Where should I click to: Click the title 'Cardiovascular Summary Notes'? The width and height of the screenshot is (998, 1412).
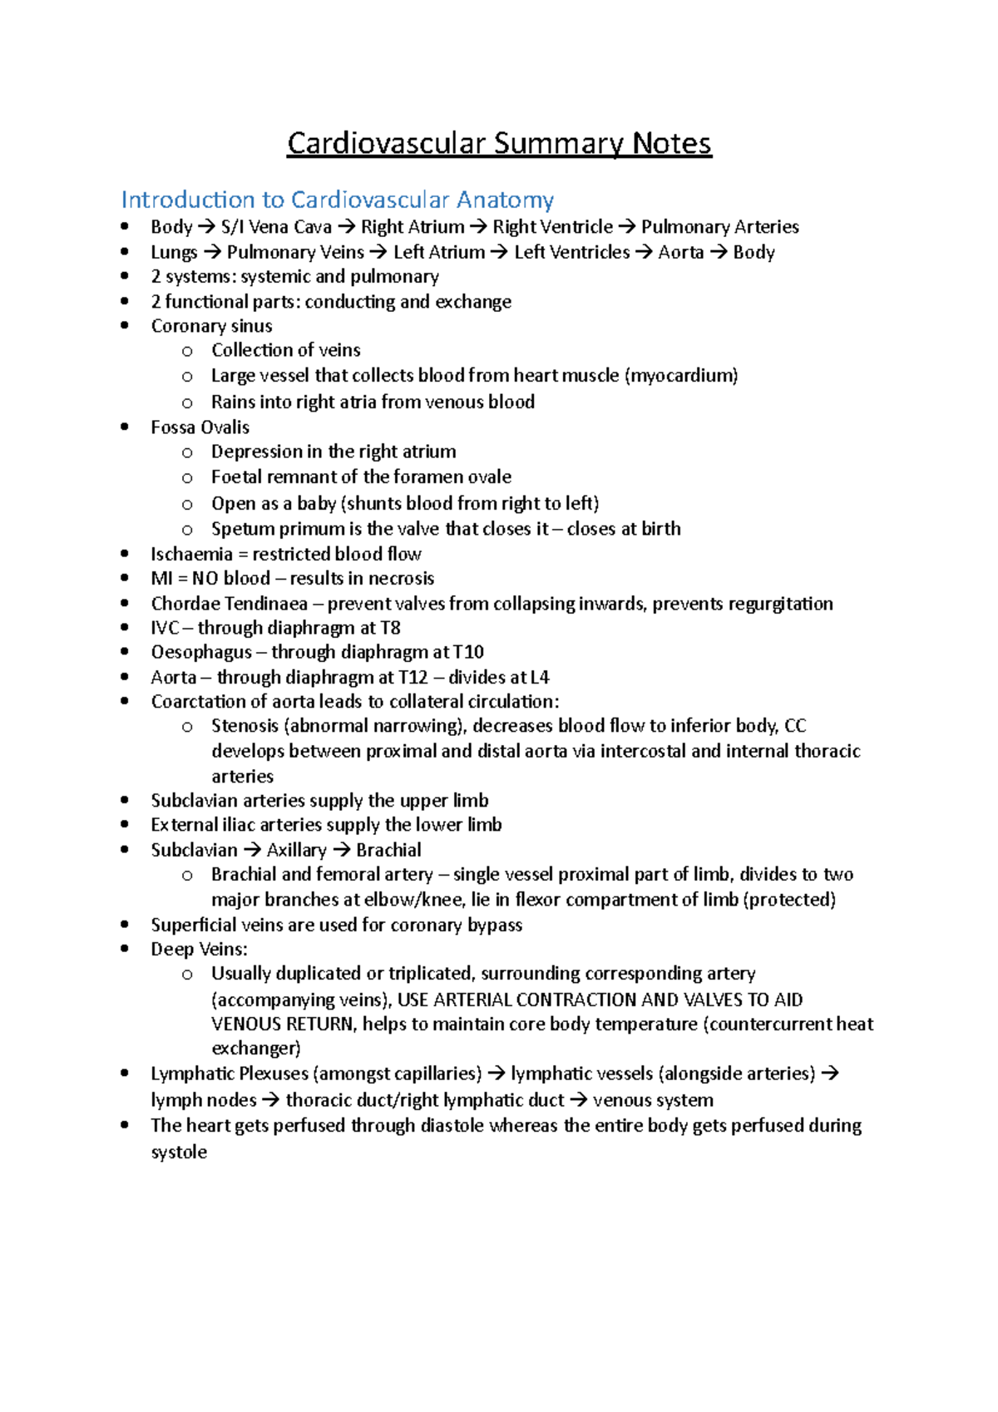pyautogui.click(x=499, y=143)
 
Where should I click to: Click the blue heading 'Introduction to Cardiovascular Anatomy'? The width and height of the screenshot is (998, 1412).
pyautogui.click(x=337, y=200)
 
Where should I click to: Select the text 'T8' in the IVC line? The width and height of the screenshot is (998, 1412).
pyautogui.click(x=390, y=628)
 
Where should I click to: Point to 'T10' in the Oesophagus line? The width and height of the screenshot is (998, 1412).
pyautogui.click(x=468, y=652)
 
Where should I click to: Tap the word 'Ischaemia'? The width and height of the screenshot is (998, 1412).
pyautogui.click(x=191, y=554)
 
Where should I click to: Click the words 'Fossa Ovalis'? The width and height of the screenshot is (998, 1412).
pyautogui.click(x=200, y=427)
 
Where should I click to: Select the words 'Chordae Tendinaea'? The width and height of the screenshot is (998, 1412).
pyautogui.click(x=229, y=604)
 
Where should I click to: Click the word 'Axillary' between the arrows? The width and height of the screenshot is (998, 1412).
pyautogui.click(x=296, y=850)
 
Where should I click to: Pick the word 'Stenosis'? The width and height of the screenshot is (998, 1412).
pyautogui.click(x=245, y=726)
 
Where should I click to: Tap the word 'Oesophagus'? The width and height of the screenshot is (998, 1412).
pyautogui.click(x=201, y=652)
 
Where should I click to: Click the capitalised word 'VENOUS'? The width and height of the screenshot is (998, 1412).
pyautogui.click(x=246, y=1024)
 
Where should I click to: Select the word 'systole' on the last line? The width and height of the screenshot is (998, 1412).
pyautogui.click(x=179, y=1153)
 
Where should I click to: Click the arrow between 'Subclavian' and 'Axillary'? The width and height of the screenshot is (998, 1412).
pyautogui.click(x=252, y=850)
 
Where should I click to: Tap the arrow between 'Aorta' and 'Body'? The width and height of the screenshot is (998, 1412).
pyautogui.click(x=719, y=252)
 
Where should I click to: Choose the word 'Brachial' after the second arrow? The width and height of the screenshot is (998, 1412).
pyautogui.click(x=388, y=850)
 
